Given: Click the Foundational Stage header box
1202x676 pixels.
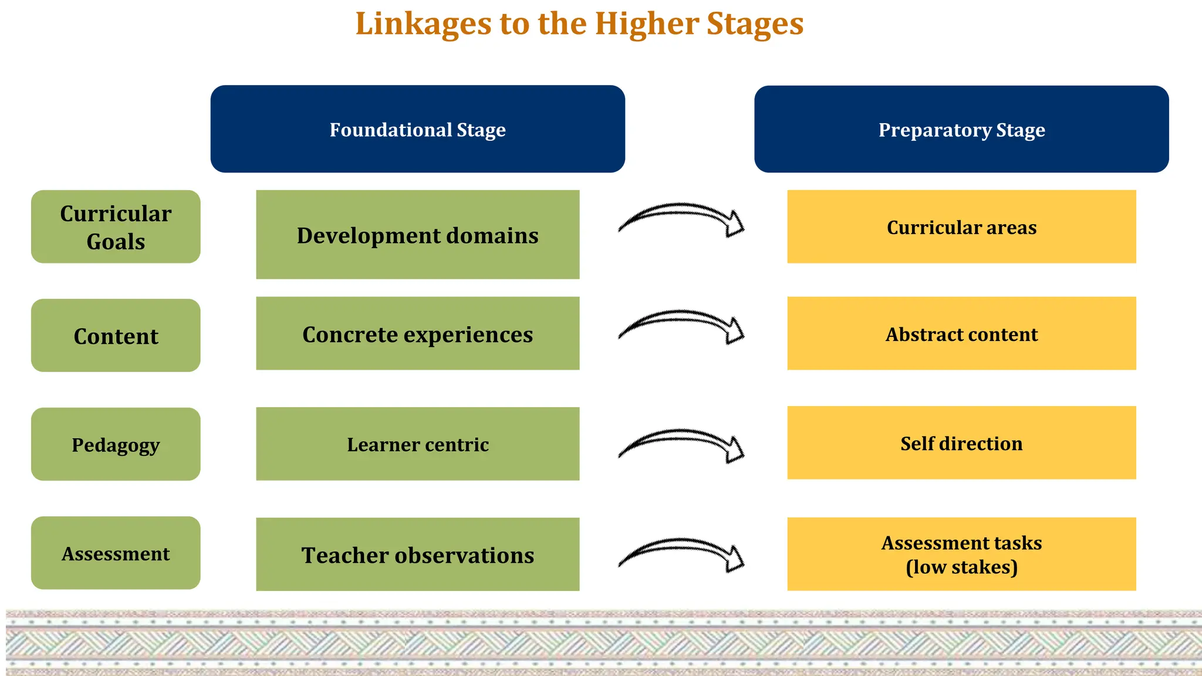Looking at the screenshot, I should click(x=417, y=129).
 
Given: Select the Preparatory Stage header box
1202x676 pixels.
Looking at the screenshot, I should click(x=961, y=129).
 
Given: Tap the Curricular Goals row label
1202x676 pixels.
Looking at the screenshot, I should click(x=116, y=227).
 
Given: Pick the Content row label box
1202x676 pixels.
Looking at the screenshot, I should click(x=116, y=336).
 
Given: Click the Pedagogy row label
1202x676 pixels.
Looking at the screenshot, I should click(x=116, y=444).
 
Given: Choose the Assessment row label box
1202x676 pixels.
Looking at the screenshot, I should click(x=116, y=553).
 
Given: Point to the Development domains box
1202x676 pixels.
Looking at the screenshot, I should click(x=417, y=235).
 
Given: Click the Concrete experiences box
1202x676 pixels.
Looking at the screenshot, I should click(x=417, y=333).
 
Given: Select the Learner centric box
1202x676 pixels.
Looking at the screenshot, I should click(x=417, y=444).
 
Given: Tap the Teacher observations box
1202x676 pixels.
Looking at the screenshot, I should click(x=417, y=554).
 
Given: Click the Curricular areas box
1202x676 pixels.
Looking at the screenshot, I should click(x=961, y=227).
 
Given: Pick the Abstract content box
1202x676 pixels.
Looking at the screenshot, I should click(x=961, y=333).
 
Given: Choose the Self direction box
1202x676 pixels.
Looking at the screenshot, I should click(x=961, y=442).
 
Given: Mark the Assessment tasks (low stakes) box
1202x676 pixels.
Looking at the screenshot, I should click(x=961, y=554).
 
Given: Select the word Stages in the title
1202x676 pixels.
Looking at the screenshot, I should click(x=755, y=25).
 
